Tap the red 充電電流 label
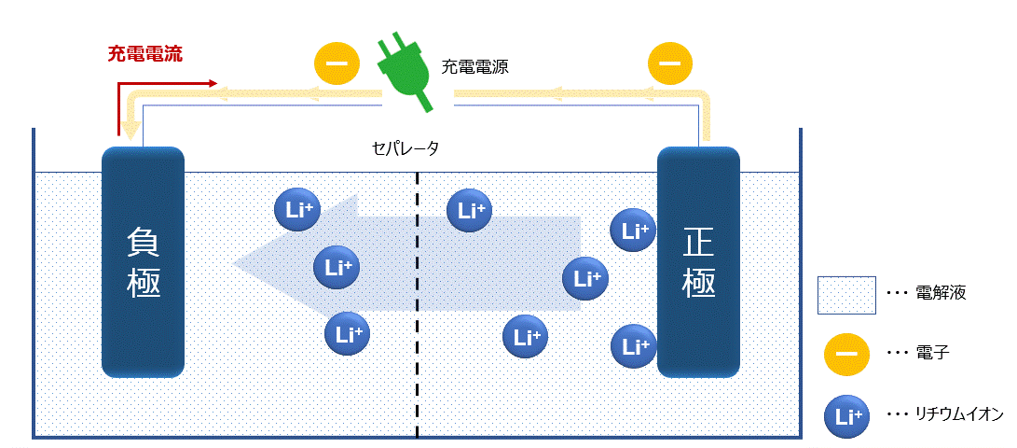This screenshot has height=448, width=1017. (144, 53)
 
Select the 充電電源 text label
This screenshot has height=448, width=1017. (474, 67)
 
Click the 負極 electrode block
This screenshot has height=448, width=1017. (143, 262)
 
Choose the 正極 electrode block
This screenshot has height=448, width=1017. (699, 262)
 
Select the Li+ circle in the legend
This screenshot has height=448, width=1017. (845, 416)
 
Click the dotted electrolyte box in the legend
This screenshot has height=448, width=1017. (845, 294)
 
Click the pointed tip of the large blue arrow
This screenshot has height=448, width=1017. (236, 264)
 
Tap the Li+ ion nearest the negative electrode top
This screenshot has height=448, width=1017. (297, 210)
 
